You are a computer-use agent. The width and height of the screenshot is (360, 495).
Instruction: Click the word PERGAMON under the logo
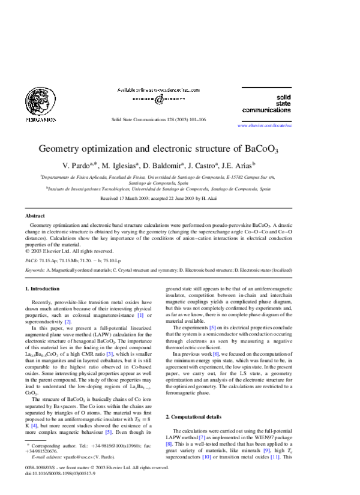coord(41,120)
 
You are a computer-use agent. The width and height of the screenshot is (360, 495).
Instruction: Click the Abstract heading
coord(35,215)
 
